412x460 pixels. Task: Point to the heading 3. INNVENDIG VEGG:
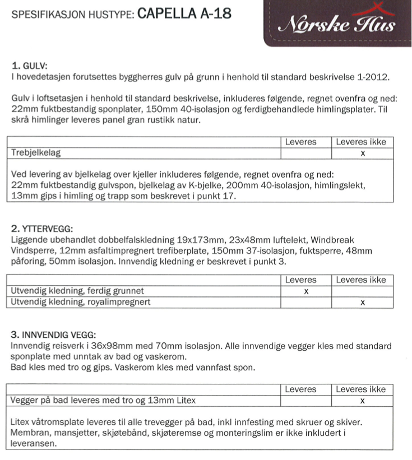(x=53, y=335)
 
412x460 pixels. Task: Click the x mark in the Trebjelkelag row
(x=363, y=153)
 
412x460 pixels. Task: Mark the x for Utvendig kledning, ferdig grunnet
(x=305, y=291)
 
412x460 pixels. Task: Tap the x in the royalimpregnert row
(x=363, y=303)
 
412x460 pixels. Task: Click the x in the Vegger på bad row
(x=363, y=401)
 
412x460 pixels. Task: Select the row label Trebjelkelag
(x=36, y=152)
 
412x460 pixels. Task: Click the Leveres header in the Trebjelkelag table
(x=300, y=142)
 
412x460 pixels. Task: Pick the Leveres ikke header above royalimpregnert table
(x=361, y=280)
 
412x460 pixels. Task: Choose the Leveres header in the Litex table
(x=300, y=389)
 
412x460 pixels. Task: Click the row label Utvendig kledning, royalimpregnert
(x=81, y=302)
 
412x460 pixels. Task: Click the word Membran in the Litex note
(x=29, y=433)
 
